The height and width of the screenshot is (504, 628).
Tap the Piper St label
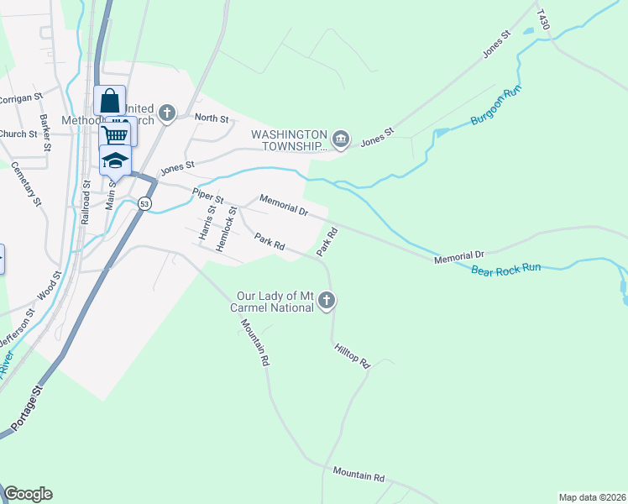[x=208, y=197]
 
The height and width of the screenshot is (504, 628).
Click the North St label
[x=212, y=118]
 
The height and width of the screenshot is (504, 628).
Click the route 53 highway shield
[x=145, y=204]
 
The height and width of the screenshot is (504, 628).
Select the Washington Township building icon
[x=341, y=139]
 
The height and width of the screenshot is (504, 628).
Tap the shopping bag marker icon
[x=110, y=102]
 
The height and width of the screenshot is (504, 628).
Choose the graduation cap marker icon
[x=115, y=160]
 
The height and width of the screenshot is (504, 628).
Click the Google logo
[x=28, y=494]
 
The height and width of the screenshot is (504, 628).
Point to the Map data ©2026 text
[x=592, y=496]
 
